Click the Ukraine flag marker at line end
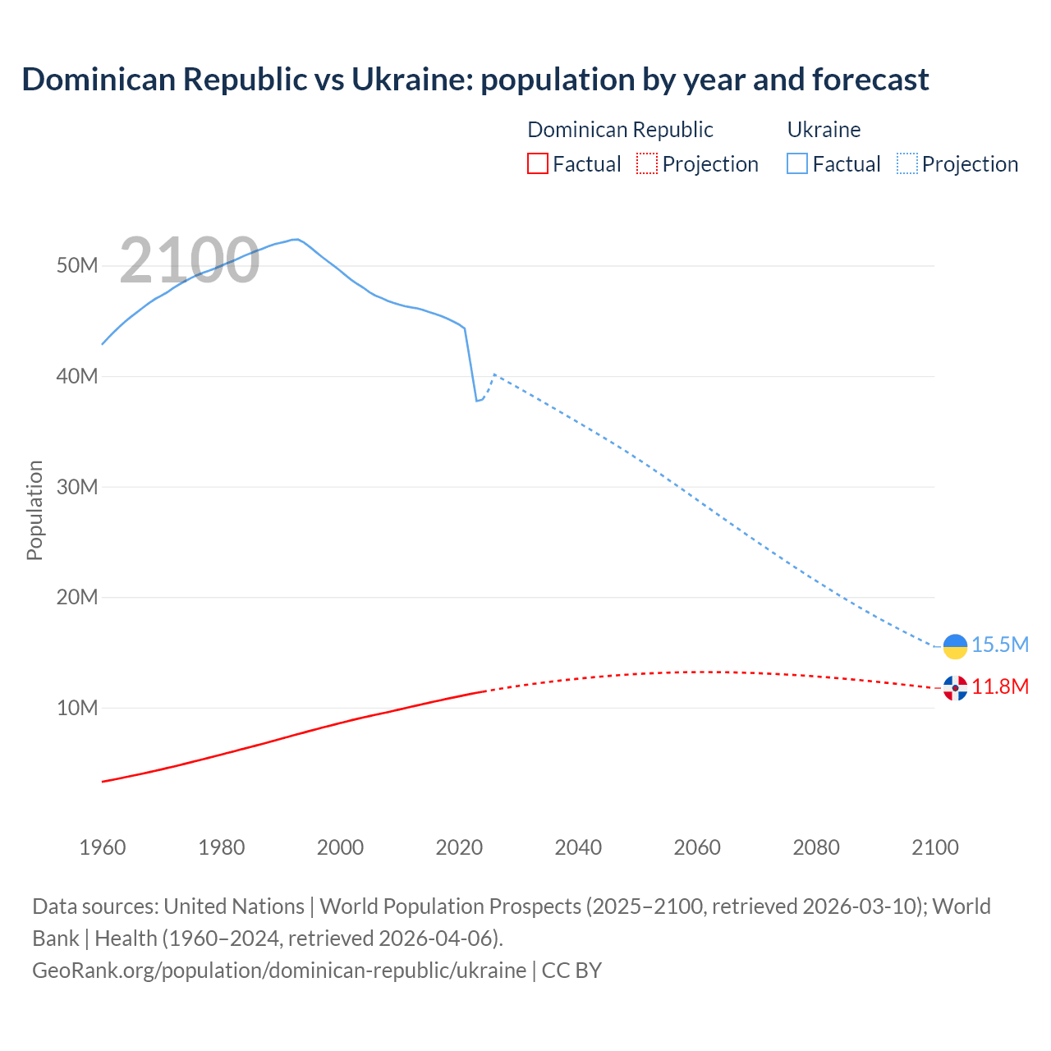tap(955, 646)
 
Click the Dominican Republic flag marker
tap(955, 688)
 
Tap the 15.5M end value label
tap(1000, 645)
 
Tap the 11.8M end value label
tap(1000, 687)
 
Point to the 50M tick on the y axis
tap(77, 266)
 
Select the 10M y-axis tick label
tap(77, 708)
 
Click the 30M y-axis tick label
tap(77, 487)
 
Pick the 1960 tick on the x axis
tap(103, 847)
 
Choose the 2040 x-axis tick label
tap(578, 847)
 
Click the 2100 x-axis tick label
tap(934, 847)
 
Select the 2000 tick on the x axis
tap(340, 847)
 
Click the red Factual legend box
tap(538, 164)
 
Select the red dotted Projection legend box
tap(647, 164)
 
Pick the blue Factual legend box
tap(797, 164)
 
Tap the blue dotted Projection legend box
tap(907, 164)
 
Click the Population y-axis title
tap(34, 510)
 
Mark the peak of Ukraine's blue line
tap(296, 239)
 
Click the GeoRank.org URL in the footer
tap(279, 971)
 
